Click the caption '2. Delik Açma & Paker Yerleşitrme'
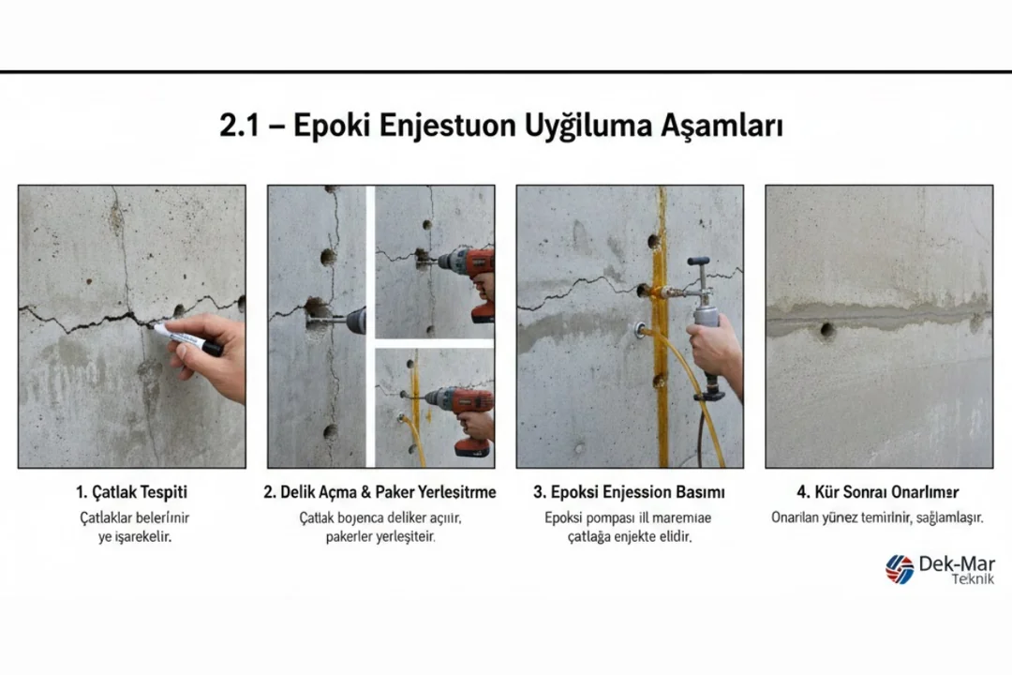[x=380, y=492]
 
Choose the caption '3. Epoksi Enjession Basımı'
[x=629, y=492]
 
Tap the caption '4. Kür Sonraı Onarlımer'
[x=877, y=492]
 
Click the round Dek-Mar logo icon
[x=900, y=569]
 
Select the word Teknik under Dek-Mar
[x=973, y=579]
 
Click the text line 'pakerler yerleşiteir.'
[x=380, y=537]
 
